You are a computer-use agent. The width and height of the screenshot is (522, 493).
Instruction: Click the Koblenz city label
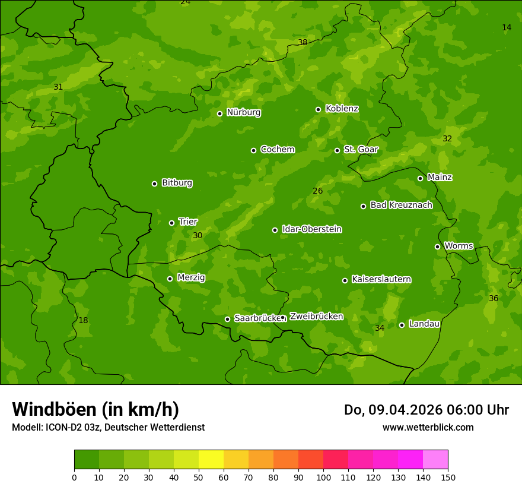342,109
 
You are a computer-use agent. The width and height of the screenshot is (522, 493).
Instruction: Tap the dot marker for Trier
172,223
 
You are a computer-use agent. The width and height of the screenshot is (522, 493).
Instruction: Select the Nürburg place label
243,112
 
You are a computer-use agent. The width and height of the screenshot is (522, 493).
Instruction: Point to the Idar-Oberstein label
311,229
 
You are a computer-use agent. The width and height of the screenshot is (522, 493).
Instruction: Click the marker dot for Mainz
420,178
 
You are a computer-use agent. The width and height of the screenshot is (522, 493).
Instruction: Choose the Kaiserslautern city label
381,279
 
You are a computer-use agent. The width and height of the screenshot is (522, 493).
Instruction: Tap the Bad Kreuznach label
401,205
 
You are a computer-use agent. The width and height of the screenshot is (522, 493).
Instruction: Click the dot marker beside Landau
402,325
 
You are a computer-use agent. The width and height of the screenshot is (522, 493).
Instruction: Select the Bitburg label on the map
177,183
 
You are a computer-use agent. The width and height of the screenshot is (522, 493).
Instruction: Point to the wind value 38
303,42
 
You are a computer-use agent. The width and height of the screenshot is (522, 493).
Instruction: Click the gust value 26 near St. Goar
317,191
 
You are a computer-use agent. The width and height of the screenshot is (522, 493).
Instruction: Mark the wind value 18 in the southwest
83,320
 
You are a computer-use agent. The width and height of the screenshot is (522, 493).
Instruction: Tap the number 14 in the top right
507,27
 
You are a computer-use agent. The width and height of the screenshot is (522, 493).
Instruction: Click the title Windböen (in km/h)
96,409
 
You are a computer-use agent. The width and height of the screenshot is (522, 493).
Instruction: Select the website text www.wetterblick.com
428,428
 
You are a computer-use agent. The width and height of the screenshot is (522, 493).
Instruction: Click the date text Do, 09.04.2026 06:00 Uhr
426,410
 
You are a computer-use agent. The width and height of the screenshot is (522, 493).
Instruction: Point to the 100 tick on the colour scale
323,477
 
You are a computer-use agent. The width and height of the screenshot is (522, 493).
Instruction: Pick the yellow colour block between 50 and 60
211,460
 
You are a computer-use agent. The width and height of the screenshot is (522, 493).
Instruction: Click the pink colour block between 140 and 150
435,460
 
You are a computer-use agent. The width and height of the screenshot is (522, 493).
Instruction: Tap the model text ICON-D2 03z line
108,428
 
